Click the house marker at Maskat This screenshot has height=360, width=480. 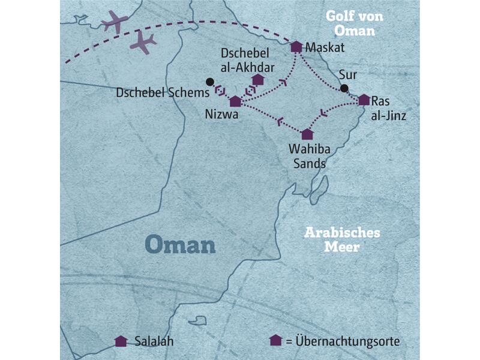click(296, 47)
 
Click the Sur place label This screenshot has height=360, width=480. click(346, 76)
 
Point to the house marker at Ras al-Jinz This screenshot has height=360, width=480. click(364, 100)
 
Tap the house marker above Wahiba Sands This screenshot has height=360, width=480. click(307, 134)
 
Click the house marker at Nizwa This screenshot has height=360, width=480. click(236, 101)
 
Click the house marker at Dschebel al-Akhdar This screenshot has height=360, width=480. click(258, 79)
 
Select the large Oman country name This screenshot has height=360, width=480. click(180, 245)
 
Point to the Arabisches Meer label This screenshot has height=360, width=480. click(342, 239)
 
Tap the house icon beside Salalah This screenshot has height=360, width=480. click(121, 341)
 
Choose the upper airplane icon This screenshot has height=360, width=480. click(115, 22)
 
